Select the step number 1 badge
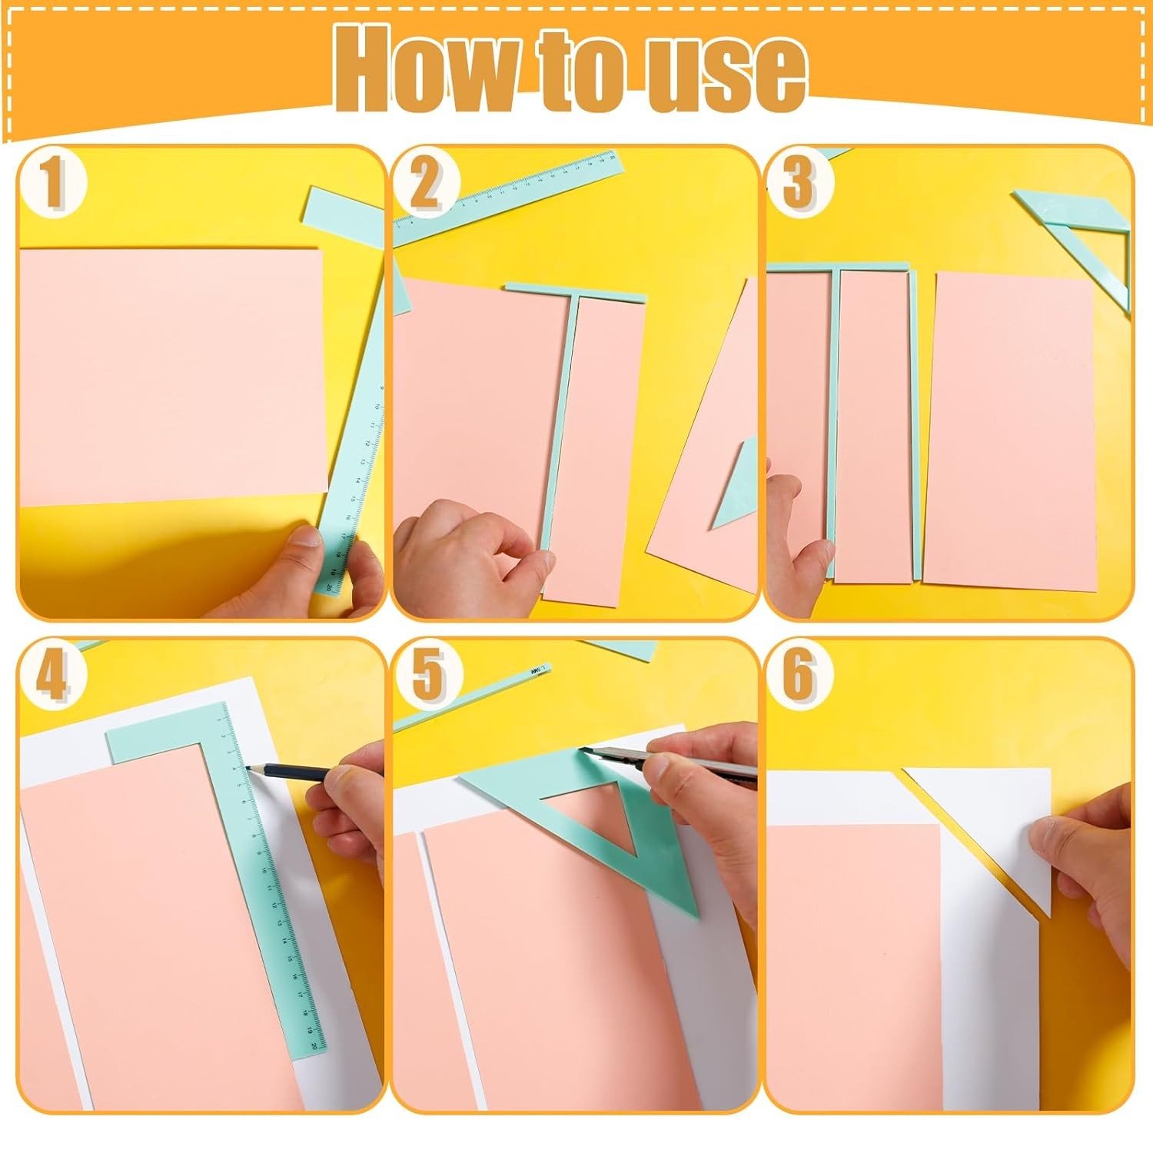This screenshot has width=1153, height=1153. click(x=52, y=183)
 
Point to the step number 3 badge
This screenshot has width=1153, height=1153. click(x=799, y=183)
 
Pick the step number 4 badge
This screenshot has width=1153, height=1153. click(x=52, y=675)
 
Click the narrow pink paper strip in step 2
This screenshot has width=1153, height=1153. click(x=596, y=446)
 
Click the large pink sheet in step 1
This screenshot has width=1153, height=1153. click(x=169, y=377)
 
